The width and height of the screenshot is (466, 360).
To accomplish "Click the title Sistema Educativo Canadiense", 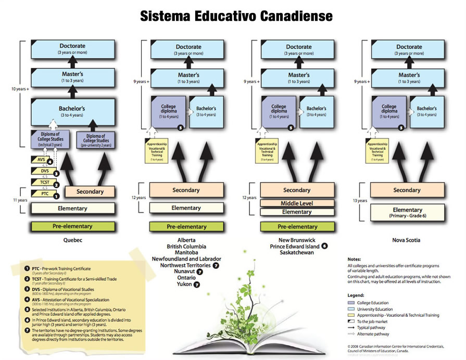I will (x=236, y=16).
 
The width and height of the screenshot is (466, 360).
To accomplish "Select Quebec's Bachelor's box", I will (x=73, y=112).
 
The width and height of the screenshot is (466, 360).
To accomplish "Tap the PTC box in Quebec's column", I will (x=44, y=193).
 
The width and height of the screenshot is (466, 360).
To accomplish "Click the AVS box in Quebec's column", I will (x=42, y=160).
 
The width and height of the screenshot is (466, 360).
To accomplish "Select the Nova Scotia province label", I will (x=407, y=240).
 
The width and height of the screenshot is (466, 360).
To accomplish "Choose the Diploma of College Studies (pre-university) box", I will (x=97, y=140).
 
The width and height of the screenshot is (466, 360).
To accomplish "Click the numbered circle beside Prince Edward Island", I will (x=324, y=246).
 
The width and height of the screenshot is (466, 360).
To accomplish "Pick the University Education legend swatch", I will (x=351, y=309).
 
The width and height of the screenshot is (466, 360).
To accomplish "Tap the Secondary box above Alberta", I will (x=186, y=190).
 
